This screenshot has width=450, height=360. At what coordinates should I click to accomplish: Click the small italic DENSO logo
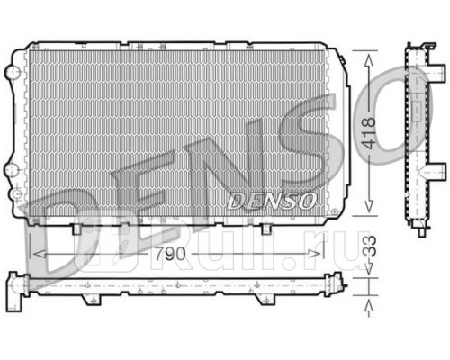(x=270, y=200)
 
